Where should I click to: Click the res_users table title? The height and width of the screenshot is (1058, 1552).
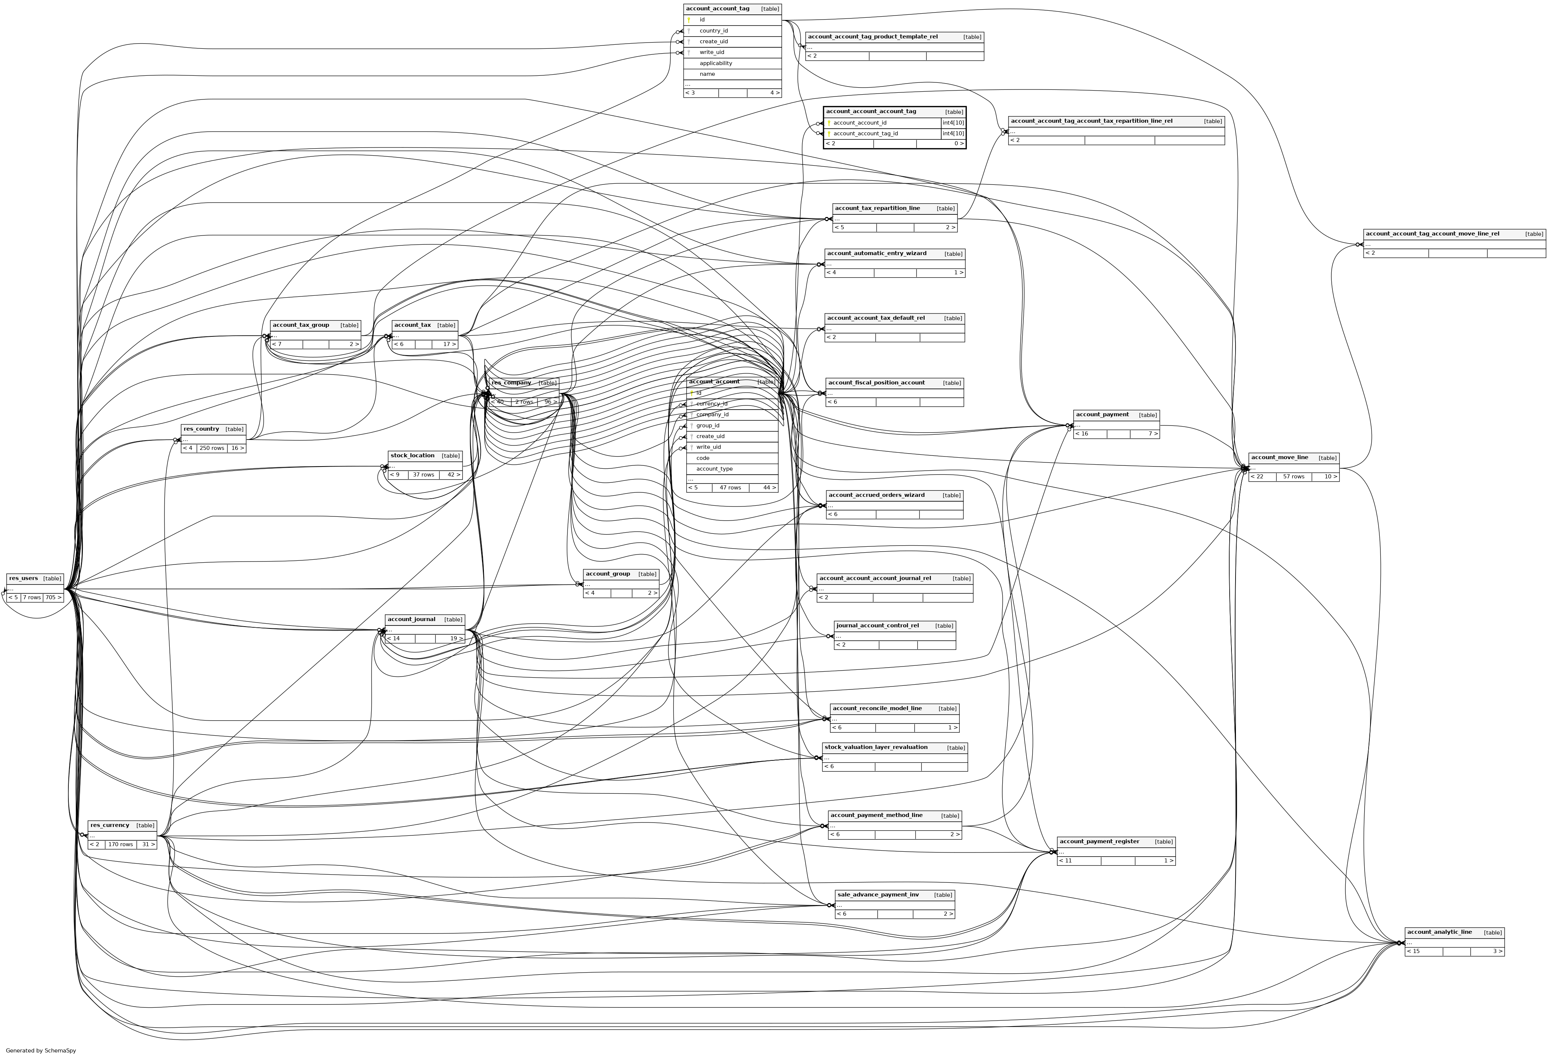[23, 579]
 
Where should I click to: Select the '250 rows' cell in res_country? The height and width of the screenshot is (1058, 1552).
[212, 448]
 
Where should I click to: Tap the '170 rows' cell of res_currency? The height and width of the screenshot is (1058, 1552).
[121, 844]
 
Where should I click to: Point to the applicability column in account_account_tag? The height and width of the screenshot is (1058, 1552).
[715, 64]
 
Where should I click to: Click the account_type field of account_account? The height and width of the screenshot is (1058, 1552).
[714, 469]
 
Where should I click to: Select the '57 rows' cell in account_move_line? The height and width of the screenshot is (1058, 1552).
[1294, 477]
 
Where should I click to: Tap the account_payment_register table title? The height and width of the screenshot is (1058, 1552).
[1099, 842]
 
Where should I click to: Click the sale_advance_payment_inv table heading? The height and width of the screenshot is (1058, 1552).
[878, 895]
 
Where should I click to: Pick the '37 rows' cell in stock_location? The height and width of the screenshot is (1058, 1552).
[423, 475]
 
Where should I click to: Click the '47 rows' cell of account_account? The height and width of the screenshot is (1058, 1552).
[730, 488]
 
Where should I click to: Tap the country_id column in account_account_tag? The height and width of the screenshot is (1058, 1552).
[713, 31]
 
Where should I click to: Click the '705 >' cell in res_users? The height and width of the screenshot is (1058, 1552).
[54, 598]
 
